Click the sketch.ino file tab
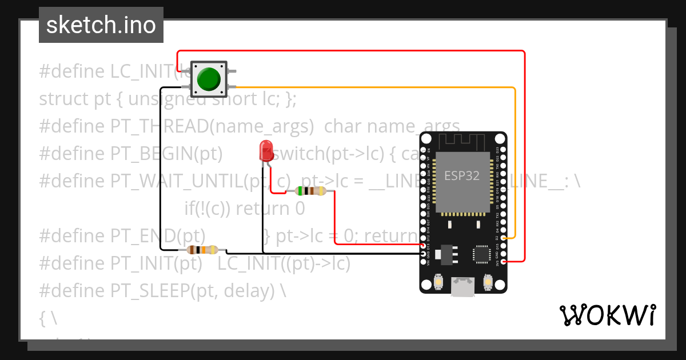point(101,25)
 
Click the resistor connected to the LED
point(310,191)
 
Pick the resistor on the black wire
point(202,250)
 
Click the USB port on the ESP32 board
point(463,287)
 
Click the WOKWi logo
point(607,315)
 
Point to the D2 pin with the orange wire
point(504,237)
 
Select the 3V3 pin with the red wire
point(504,261)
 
